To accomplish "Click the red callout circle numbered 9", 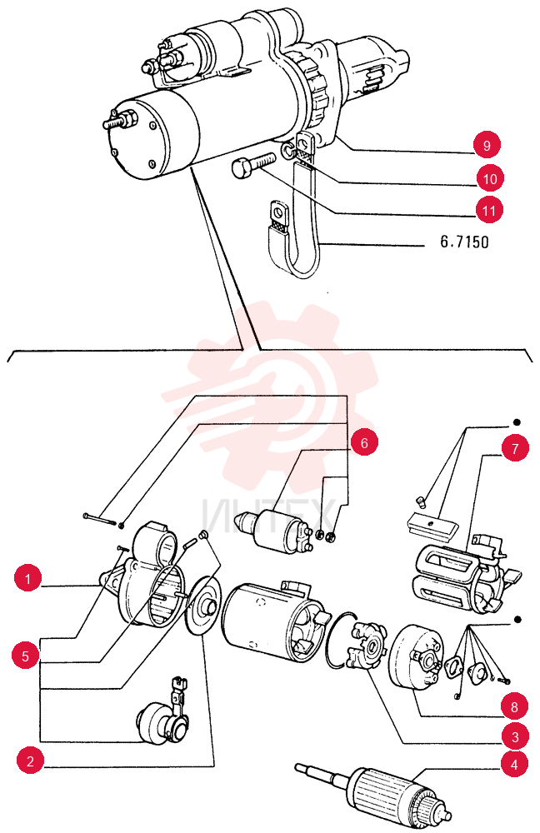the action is (487, 144).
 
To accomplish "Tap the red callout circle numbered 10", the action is (489, 178).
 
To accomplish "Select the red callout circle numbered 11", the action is (488, 211).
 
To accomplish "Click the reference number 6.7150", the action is (464, 242).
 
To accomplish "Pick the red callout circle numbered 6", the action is (364, 442).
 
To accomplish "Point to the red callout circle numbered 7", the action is (514, 448).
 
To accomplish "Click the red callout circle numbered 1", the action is (28, 577).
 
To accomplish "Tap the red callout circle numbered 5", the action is (26, 656).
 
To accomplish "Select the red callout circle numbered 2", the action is (30, 761).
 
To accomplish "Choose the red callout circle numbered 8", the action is (514, 706).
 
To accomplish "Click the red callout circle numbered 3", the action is (514, 737).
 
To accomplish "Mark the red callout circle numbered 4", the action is (514, 765).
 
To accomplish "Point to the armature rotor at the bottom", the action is (374, 791).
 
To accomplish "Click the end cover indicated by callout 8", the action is (416, 657).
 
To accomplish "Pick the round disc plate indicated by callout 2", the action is (202, 606).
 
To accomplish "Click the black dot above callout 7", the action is (516, 422).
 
